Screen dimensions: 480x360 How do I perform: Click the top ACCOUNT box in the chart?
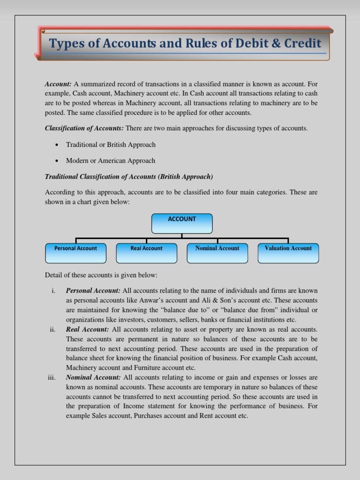[x=182, y=223]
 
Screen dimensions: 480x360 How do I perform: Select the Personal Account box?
[x=75, y=253]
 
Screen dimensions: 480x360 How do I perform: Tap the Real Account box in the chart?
[x=146, y=253]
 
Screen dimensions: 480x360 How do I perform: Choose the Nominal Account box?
[x=217, y=253]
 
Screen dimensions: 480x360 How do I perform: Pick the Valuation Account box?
[x=288, y=253]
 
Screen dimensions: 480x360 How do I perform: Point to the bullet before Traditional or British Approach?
[x=57, y=145]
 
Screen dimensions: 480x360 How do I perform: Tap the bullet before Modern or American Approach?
[x=57, y=161]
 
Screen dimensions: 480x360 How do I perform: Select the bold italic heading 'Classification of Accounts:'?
[x=84, y=128]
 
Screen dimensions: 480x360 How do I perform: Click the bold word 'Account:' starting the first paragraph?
[x=58, y=84]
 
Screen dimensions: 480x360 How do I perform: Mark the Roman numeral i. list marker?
[x=53, y=291]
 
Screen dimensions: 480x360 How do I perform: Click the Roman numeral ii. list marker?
[x=52, y=329]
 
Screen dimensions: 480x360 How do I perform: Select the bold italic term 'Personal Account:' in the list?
[x=93, y=291]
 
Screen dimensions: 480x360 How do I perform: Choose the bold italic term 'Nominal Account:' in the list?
[x=93, y=377]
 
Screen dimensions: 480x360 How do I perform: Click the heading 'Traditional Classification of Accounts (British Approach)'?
[x=129, y=177]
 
